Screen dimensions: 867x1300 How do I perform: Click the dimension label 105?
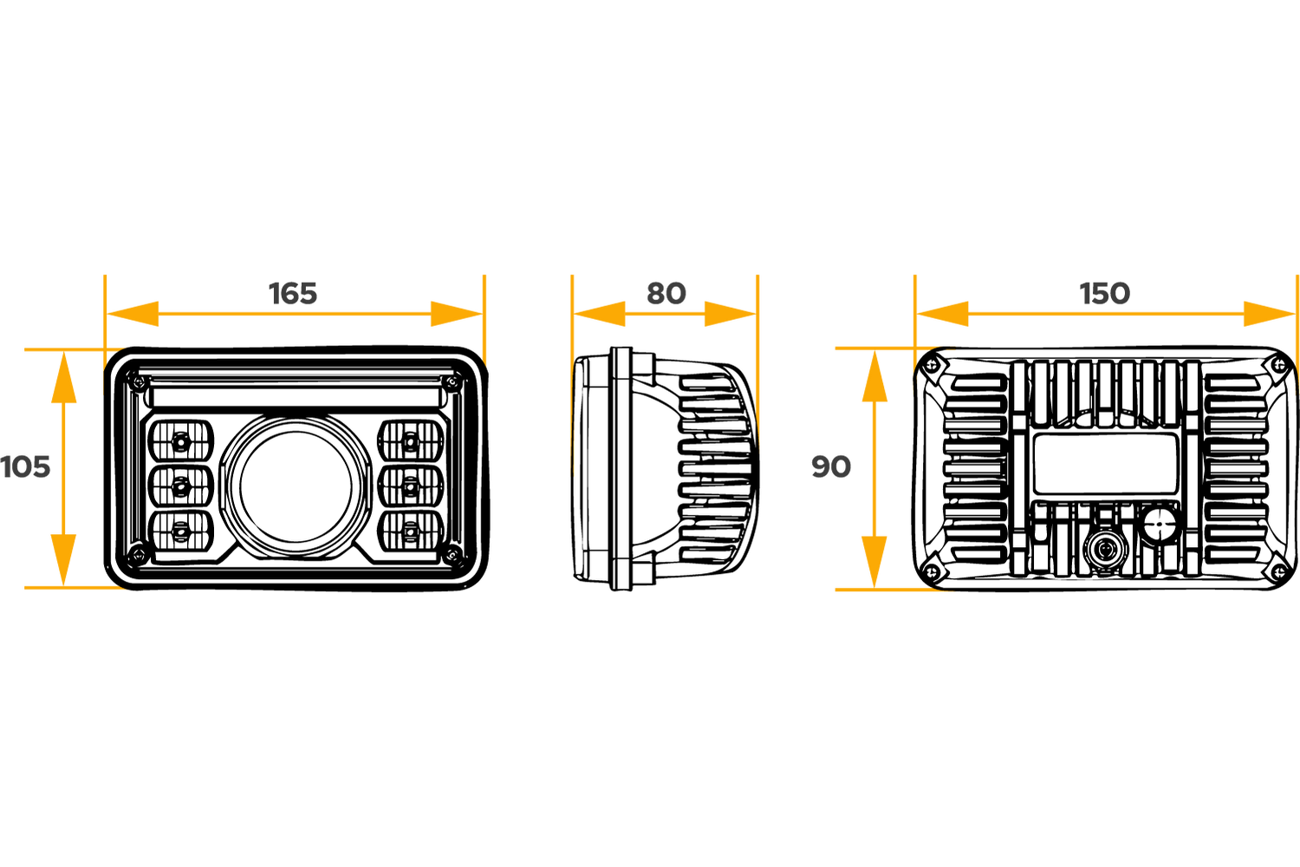point(26,467)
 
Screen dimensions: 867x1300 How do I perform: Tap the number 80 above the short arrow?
point(666,293)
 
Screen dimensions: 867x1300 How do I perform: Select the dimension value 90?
point(831,467)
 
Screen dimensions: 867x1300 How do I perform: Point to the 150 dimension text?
point(1104,293)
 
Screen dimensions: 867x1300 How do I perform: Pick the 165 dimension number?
point(292,293)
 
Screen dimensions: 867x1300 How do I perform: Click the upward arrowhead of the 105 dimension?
point(64,380)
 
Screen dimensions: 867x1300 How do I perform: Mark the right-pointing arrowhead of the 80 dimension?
point(730,313)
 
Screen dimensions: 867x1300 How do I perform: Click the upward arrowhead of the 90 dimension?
point(874,379)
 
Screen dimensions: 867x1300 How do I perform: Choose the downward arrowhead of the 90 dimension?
point(874,560)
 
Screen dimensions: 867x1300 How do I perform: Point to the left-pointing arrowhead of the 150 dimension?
point(945,313)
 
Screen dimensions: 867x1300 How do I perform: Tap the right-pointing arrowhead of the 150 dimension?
point(1267,313)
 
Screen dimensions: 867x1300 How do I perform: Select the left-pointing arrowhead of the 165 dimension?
point(134,313)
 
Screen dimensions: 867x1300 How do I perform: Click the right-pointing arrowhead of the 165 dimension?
point(455,313)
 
